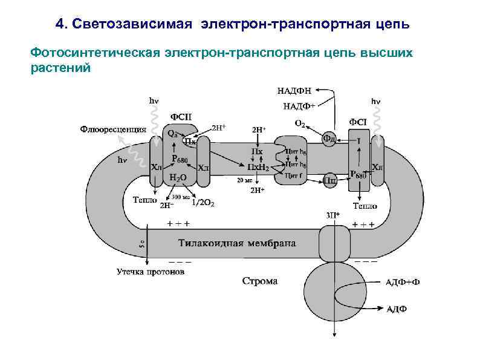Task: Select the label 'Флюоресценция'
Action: (113, 129)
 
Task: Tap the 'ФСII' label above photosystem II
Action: (181, 116)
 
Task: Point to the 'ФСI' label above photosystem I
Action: (357, 122)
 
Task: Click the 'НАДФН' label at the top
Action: (294, 91)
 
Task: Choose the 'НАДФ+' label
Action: (299, 106)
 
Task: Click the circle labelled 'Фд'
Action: (329, 138)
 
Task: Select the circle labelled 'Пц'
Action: (330, 180)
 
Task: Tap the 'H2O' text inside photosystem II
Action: (178, 178)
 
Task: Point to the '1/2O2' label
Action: (203, 203)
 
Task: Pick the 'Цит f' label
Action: (294, 175)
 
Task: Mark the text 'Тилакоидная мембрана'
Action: (237, 244)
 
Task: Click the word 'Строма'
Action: (260, 281)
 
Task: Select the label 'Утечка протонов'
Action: (151, 272)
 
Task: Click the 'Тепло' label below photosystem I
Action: (365, 206)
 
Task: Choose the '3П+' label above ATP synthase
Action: (333, 215)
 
